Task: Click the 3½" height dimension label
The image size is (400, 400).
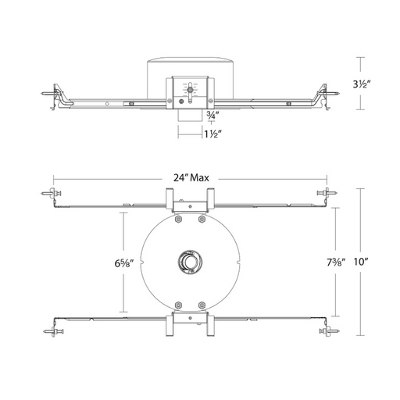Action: (362, 84)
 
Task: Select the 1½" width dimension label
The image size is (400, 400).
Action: (212, 134)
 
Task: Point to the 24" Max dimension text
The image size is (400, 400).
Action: (191, 178)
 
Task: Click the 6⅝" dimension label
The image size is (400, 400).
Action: (124, 263)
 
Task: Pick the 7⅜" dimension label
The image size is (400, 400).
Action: (336, 262)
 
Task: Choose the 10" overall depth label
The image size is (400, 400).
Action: (362, 262)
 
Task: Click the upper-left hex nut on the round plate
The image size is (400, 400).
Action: (178, 220)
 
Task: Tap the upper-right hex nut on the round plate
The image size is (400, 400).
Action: (202, 220)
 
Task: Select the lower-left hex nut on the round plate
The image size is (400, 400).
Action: (178, 305)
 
